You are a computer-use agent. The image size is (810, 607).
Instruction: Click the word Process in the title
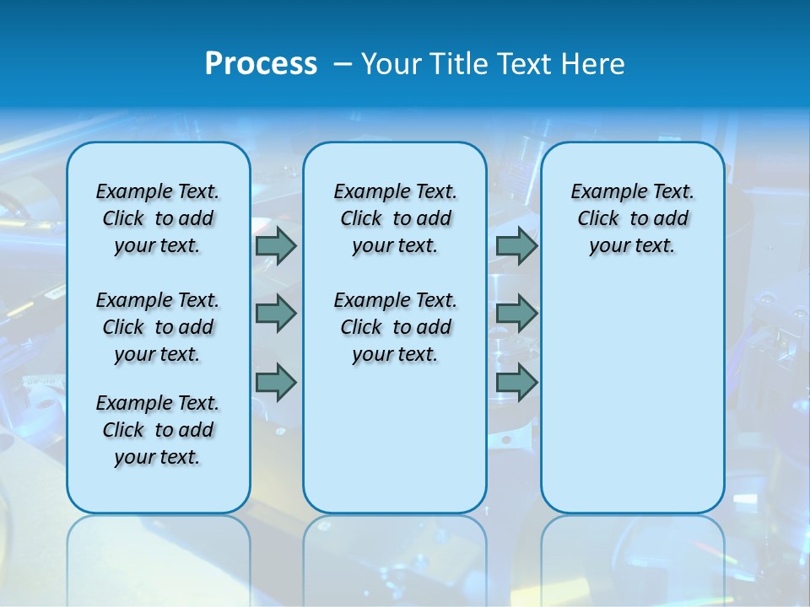[x=261, y=64]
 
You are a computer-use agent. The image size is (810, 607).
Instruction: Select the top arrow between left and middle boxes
[x=276, y=245]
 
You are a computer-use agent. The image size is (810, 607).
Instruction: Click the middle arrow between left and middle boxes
[x=276, y=314]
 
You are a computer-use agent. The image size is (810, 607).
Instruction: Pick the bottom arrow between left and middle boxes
[x=276, y=382]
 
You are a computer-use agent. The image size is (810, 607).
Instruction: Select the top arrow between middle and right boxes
[x=516, y=245]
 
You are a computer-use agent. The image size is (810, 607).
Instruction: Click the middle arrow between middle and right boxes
[x=516, y=314]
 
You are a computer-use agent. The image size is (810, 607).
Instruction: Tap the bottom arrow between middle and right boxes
[x=516, y=382]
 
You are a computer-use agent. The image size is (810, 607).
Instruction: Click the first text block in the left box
[x=158, y=218]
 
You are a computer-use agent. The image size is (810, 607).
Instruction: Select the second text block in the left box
[x=158, y=327]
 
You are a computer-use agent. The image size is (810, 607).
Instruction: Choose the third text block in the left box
[x=158, y=430]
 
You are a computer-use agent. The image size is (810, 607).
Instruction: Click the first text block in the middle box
[x=395, y=218]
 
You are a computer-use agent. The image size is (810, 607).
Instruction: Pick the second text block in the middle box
[x=395, y=327]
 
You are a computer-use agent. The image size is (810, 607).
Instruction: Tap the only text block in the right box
[x=632, y=218]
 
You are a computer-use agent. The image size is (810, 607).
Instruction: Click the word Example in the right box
[x=602, y=191]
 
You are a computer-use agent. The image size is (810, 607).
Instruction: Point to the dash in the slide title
[x=343, y=64]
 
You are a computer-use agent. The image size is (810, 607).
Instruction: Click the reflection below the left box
[x=159, y=556]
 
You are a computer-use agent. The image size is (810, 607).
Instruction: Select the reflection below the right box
[x=632, y=556]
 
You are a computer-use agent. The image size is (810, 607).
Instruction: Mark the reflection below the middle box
[x=395, y=556]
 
